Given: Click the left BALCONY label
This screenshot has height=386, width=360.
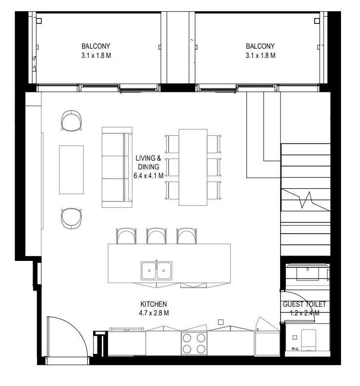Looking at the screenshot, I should point(96,46).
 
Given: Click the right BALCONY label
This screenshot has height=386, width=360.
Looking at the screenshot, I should point(260,46).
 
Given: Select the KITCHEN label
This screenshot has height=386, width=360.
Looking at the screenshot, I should point(153,304).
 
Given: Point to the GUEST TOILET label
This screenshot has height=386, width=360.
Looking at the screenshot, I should point(304,304).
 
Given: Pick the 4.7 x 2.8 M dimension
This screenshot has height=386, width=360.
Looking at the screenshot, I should point(153,313).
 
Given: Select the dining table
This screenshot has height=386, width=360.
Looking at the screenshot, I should point(193,167).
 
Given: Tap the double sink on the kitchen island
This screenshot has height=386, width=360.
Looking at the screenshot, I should point(156,269).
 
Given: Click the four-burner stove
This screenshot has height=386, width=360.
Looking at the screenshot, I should point(193,343).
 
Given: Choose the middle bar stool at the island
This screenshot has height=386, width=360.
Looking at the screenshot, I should point(156,236).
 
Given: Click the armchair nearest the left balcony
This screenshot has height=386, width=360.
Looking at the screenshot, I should point(72,120).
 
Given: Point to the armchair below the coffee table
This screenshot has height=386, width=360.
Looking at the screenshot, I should point(71,218).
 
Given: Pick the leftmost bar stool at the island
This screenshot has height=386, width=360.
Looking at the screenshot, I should point(126,236).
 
